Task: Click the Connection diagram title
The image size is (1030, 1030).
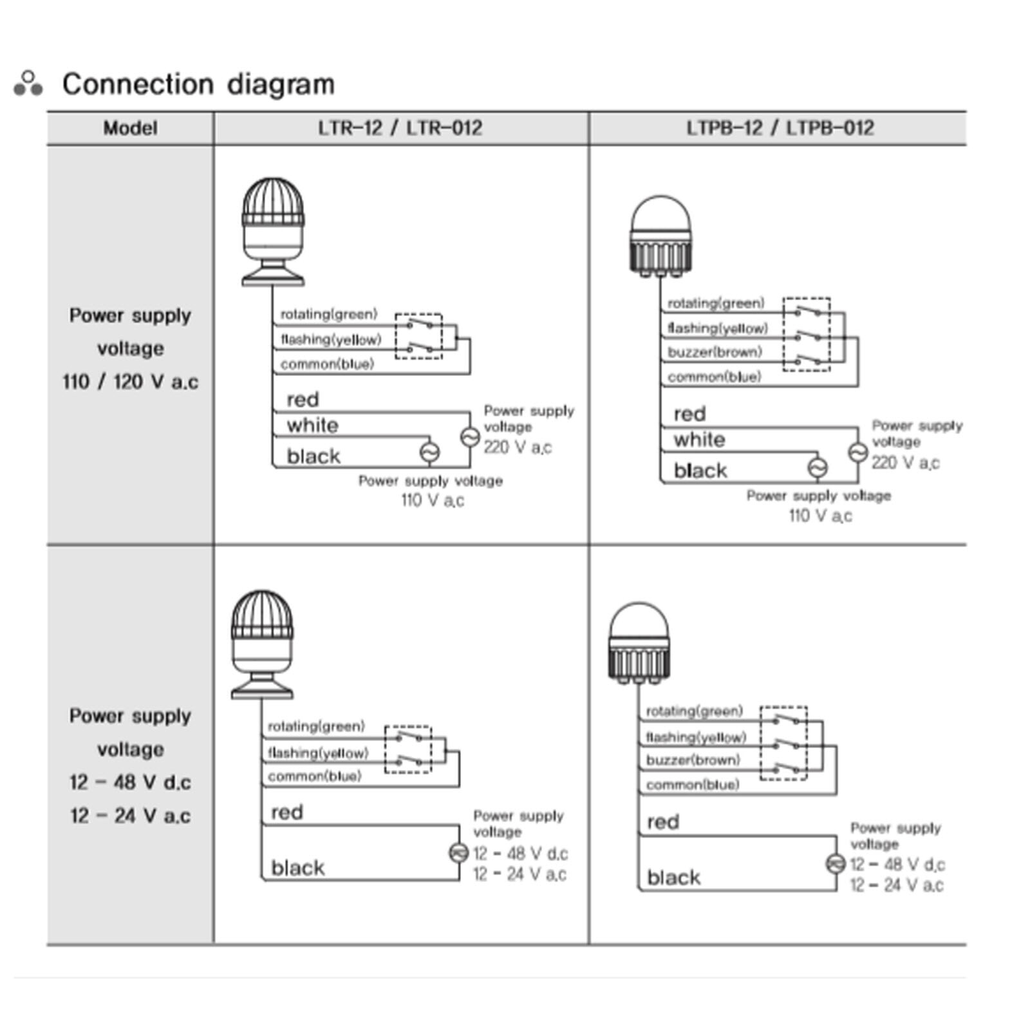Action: tap(198, 84)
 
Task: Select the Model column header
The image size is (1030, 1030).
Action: tap(130, 128)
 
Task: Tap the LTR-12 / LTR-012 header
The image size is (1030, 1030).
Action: tap(400, 127)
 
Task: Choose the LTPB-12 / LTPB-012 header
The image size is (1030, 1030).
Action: tap(780, 127)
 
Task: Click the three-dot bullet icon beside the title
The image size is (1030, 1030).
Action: tap(28, 84)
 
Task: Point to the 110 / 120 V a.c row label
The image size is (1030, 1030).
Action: tap(130, 382)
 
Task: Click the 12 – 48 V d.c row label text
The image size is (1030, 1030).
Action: tap(130, 782)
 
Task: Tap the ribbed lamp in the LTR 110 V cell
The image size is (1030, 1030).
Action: tap(273, 232)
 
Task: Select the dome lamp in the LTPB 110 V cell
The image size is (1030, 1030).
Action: tap(660, 236)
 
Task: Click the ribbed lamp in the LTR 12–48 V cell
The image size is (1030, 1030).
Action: tap(262, 644)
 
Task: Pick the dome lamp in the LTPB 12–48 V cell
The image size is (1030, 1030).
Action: tap(639, 643)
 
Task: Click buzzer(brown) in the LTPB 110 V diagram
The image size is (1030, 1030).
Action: tap(715, 352)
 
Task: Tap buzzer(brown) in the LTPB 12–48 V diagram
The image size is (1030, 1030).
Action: tap(693, 760)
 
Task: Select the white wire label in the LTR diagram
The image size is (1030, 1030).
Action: tap(312, 425)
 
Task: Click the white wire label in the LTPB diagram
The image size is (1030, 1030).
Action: tap(699, 440)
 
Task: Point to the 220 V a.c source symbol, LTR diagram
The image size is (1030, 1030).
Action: tap(470, 437)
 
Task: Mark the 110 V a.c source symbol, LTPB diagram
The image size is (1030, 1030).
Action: tap(818, 467)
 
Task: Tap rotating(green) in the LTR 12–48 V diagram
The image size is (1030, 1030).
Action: tap(316, 726)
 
